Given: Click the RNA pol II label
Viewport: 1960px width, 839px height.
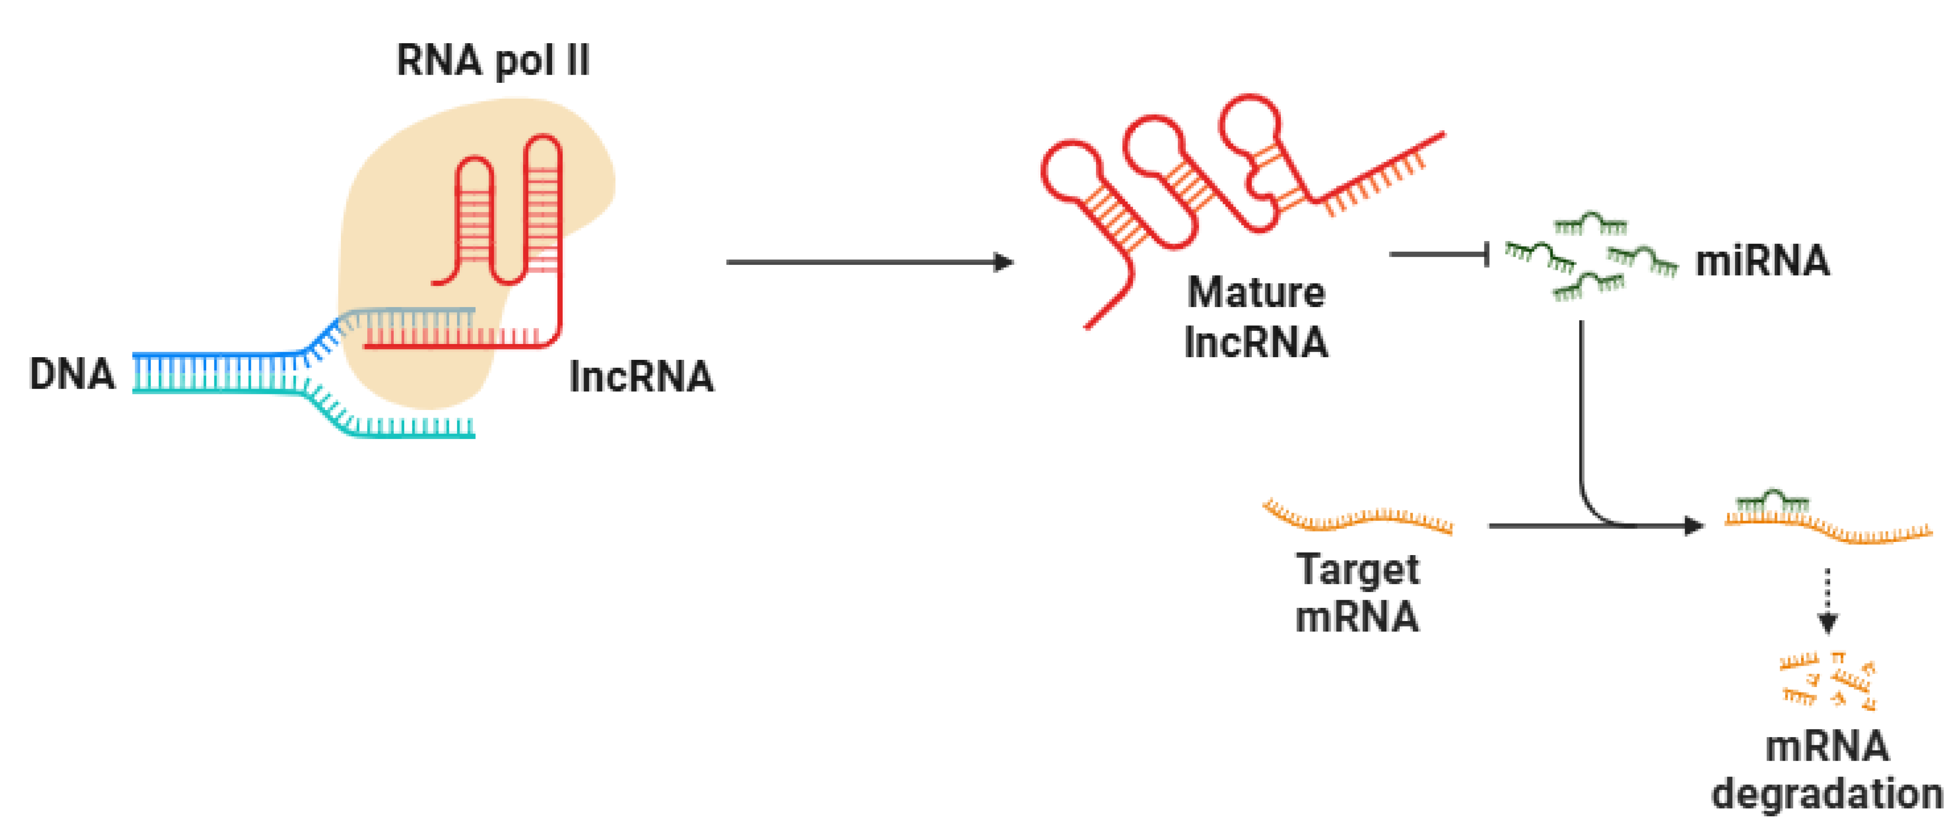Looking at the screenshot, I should [493, 61].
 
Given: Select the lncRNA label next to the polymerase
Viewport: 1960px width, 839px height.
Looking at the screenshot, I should [641, 377].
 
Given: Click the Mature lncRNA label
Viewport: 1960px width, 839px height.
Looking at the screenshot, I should [1256, 317].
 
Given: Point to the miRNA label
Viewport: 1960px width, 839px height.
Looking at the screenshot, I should [1762, 261].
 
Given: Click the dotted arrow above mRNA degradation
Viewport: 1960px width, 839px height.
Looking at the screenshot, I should [1828, 601].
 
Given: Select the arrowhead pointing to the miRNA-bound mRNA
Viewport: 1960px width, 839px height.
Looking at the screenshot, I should [1694, 525].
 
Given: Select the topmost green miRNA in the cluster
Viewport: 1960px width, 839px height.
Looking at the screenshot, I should [1590, 224].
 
